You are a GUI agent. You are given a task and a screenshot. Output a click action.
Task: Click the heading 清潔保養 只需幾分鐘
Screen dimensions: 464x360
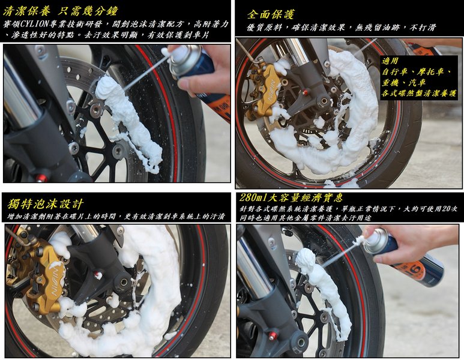[61, 11]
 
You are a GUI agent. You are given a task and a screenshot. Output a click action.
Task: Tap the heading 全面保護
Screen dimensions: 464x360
[271, 14]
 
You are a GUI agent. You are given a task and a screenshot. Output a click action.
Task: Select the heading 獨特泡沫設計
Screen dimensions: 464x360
[45, 204]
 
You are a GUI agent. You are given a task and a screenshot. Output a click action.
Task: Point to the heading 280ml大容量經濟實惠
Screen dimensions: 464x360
[291, 197]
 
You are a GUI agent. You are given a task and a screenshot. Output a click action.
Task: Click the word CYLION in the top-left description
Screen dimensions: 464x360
[33, 24]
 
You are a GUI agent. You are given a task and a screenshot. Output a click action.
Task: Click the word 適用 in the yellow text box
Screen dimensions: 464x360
[390, 61]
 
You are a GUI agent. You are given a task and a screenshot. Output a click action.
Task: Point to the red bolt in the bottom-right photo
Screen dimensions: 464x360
[272, 336]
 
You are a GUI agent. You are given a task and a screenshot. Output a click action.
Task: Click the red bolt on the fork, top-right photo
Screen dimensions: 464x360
[305, 93]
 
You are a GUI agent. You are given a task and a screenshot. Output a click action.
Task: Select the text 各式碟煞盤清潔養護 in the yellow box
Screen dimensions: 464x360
[418, 94]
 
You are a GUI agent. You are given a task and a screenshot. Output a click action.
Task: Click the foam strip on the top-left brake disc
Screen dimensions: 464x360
[127, 118]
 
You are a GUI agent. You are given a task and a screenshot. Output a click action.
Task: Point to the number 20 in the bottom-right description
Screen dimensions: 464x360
[446, 209]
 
